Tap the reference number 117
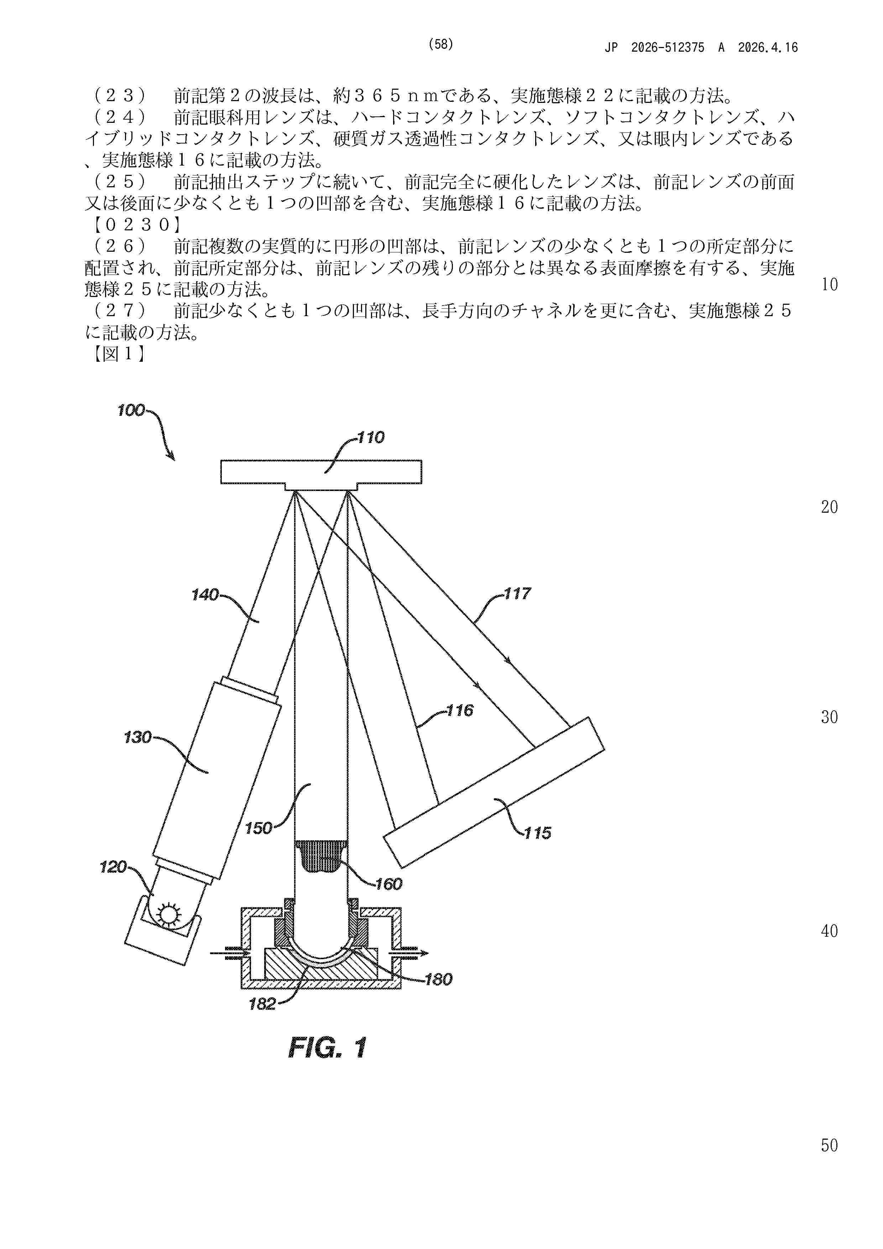517,594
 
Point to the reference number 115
538,833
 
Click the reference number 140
205,595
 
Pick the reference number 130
138,738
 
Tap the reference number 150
258,829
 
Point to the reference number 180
439,980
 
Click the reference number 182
262,1004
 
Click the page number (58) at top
441,45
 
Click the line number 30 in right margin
829,717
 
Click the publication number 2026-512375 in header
668,47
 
